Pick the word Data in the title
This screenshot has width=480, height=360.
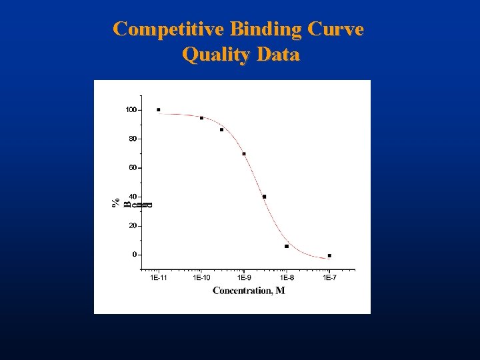277,54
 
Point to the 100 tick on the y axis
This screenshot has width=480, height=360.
131,109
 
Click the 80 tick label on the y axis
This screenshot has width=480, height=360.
132,139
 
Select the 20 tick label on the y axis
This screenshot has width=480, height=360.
132,226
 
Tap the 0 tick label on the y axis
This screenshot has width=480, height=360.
134,255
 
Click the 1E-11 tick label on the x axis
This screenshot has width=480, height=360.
159,277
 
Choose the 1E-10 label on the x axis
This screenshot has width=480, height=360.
201,277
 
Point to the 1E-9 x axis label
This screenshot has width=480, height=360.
244,277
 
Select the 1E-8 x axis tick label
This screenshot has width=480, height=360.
287,277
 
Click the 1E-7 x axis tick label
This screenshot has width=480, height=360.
329,277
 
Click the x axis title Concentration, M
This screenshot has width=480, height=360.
249,290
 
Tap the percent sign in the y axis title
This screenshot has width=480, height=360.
116,202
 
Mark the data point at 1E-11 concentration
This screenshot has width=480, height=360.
159,109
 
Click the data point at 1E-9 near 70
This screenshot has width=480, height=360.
244,154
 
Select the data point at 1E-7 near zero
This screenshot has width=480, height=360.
329,255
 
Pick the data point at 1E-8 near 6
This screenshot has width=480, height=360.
287,246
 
